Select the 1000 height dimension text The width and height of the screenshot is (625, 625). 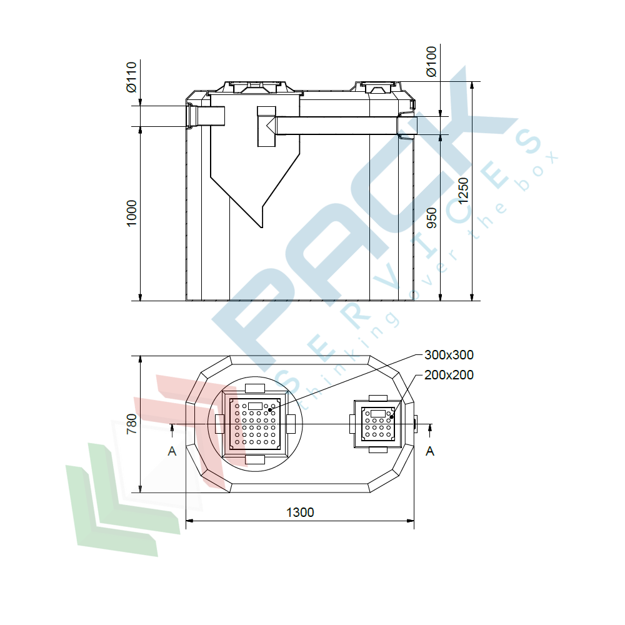click(131, 213)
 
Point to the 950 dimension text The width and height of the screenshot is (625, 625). click(432, 217)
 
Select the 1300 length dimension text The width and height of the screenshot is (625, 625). click(300, 512)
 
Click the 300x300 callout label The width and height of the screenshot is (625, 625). click(449, 355)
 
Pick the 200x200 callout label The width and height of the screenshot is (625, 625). click(449, 375)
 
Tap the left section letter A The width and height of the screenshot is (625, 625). click(172, 451)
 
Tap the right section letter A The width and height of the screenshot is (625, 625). click(430, 451)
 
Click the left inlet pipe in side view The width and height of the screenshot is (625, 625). click(206, 116)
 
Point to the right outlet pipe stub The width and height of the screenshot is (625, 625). click(407, 126)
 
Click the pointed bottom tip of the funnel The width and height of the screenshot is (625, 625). click(261, 225)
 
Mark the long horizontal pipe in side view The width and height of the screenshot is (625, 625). click(337, 126)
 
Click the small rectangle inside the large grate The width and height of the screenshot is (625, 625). click(255, 406)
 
